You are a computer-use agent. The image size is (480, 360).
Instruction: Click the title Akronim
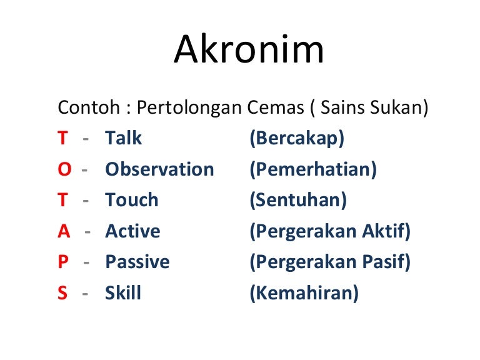[x=249, y=51]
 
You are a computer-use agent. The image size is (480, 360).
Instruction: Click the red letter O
[x=64, y=169]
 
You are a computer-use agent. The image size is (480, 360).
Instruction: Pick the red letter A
[x=64, y=231]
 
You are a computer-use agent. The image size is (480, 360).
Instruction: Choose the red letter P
[x=63, y=262]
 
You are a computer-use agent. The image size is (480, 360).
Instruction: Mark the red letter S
[x=62, y=293]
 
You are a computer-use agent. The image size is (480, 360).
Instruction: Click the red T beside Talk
[x=62, y=138]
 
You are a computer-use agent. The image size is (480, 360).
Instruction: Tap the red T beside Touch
[x=62, y=200]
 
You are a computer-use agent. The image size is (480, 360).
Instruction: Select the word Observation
[x=159, y=169]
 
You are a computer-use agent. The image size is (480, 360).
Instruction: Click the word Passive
[x=137, y=262]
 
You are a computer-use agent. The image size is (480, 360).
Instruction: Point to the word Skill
[x=123, y=293]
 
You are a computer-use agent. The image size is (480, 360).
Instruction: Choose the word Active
[x=132, y=231]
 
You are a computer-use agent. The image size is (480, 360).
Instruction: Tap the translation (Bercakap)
[x=297, y=139]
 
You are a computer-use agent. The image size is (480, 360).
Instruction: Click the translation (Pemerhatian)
[x=313, y=169]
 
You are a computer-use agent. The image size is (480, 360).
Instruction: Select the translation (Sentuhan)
[x=297, y=201]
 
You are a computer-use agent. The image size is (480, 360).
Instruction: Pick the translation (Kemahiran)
[x=304, y=293]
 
